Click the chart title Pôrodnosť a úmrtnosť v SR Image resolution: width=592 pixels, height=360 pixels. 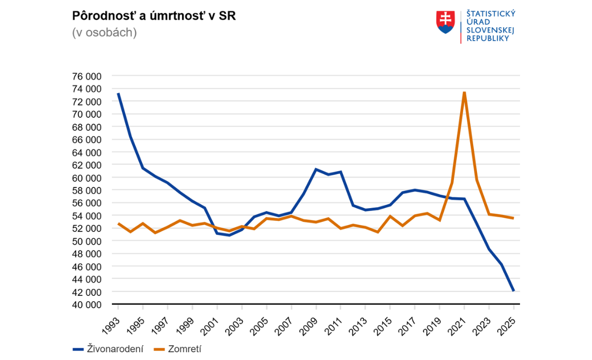(x=154, y=15)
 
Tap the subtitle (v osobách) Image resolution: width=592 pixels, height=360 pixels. (x=104, y=33)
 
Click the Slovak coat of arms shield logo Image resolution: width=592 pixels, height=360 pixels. (x=445, y=22)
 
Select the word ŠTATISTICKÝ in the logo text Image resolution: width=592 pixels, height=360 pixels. (x=491, y=14)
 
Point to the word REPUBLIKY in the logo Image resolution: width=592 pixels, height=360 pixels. (x=487, y=38)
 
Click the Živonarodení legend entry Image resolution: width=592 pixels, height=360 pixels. (x=108, y=349)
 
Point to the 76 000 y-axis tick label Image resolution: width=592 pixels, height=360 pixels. (x=86, y=76)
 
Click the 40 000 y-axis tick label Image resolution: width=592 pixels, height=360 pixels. (x=86, y=304)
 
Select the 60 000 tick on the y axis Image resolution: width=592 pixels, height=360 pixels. (x=86, y=178)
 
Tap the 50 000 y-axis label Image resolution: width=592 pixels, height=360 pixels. (x=86, y=241)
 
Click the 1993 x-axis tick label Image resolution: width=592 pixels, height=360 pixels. (x=113, y=319)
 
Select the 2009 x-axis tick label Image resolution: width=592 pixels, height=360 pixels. (x=310, y=319)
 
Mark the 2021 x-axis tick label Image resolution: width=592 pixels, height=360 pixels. (x=458, y=319)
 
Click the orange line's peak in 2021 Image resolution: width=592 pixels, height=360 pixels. (x=464, y=92)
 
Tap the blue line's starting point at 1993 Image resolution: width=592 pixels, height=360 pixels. (x=118, y=94)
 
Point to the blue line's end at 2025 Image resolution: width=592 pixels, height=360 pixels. (x=514, y=291)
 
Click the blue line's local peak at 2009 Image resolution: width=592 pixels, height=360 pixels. (x=316, y=169)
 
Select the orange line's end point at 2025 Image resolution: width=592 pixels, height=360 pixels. (x=514, y=218)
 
